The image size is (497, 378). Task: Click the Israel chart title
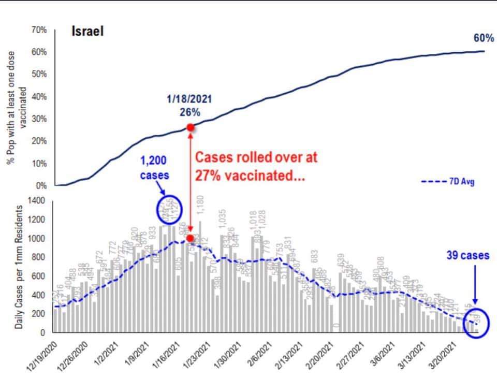click(87, 31)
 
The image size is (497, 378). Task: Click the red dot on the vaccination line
click(191, 127)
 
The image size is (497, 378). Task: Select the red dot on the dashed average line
click(191, 239)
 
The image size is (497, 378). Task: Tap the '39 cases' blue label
click(468, 255)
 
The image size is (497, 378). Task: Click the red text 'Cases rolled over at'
click(256, 157)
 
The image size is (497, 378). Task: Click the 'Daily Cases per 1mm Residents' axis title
click(19, 267)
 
